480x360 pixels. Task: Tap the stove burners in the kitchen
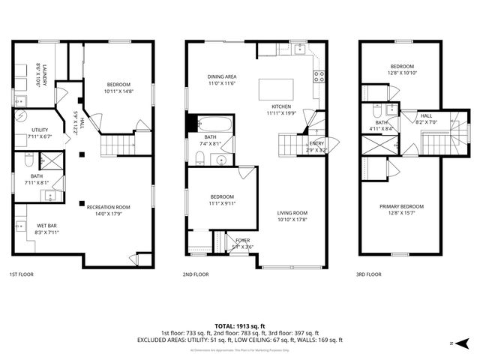[318, 74]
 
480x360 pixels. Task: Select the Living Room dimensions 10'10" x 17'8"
[292, 220]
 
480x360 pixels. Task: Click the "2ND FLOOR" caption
[196, 274]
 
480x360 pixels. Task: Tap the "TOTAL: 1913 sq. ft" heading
[239, 326]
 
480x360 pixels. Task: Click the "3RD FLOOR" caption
[368, 274]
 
